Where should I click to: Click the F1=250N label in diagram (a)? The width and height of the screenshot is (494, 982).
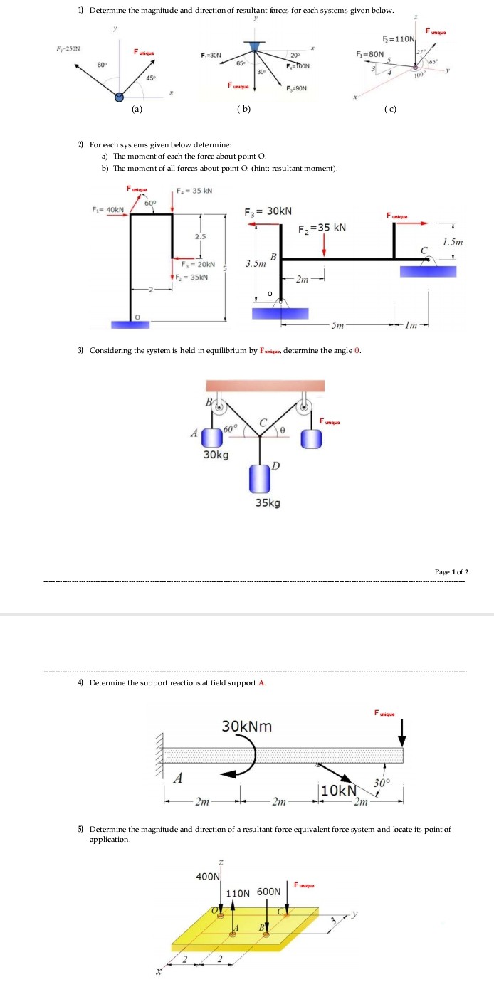(68, 49)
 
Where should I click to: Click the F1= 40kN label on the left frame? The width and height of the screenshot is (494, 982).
(107, 209)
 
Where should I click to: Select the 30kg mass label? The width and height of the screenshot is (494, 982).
(216, 455)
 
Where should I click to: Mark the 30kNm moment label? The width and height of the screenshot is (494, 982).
(246, 727)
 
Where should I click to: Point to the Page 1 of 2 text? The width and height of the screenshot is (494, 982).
(451, 572)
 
